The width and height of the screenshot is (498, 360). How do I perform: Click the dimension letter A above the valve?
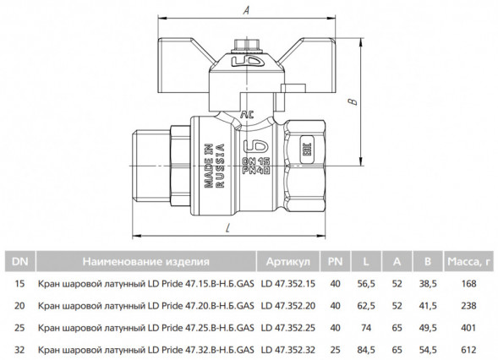[246, 10]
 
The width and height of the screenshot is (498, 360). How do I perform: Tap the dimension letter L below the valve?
[227, 228]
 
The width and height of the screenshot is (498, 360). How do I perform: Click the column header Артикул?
[288, 262]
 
